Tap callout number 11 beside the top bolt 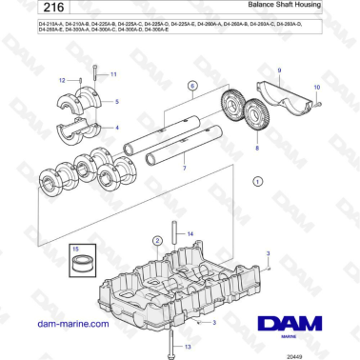click(x=114, y=73)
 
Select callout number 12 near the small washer click(x=64, y=81)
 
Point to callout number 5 click(x=118, y=100)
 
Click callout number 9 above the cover click(x=280, y=70)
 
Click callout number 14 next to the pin click(x=190, y=233)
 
